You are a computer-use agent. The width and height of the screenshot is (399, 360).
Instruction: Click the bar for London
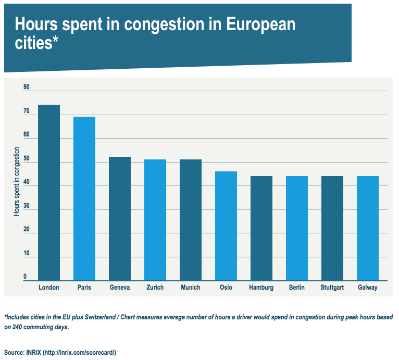[49, 193]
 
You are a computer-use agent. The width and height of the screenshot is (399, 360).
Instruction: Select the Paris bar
[84, 198]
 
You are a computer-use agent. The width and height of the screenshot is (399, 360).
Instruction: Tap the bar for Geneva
[120, 219]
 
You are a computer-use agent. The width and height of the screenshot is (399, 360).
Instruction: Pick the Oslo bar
[226, 226]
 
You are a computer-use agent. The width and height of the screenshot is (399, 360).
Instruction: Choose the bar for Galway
[368, 229]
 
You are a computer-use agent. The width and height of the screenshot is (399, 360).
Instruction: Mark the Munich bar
[191, 220]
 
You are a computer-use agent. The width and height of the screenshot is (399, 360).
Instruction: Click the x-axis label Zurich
[155, 288]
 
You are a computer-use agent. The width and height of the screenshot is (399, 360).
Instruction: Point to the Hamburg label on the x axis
[261, 288]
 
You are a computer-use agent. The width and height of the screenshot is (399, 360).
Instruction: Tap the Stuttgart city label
[332, 288]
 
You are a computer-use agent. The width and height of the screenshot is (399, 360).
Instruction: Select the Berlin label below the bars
[297, 288]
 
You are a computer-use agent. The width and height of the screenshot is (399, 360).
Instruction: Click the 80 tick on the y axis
[27, 87]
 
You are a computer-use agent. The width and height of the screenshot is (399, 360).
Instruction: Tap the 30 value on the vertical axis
[27, 206]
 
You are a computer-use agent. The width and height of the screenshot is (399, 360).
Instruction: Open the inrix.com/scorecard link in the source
[79, 353]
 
